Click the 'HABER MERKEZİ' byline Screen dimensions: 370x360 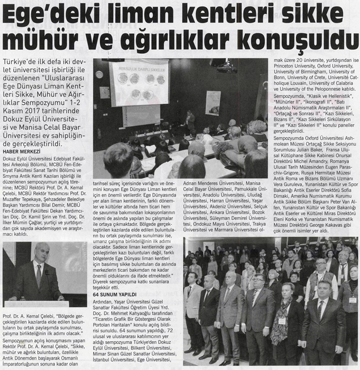[22, 152]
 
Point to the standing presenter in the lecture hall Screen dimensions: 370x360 [189, 121]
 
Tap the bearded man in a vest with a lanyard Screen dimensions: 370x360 [321, 288]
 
